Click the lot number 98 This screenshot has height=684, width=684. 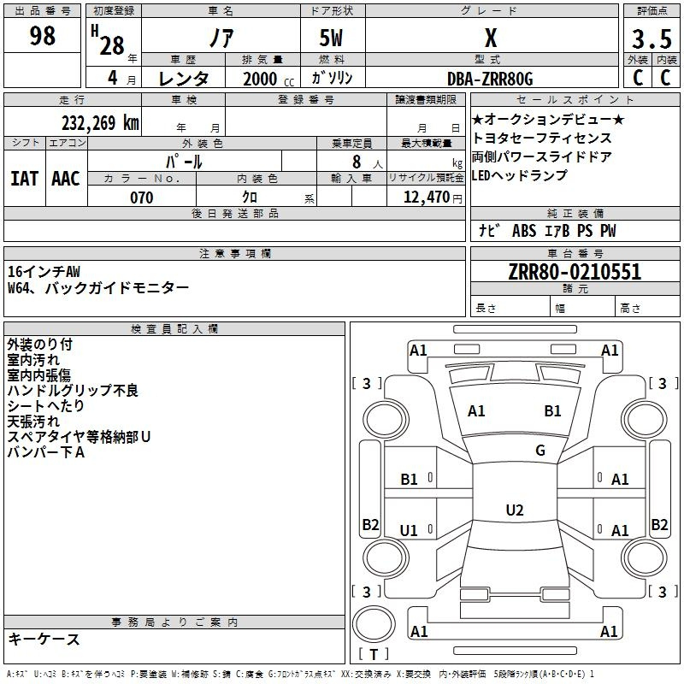pos(42,36)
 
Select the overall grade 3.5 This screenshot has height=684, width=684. pos(652,38)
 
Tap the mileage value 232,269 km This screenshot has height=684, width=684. pos(100,122)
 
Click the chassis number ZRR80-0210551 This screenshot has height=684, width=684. pos(575,271)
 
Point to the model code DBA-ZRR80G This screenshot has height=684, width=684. pos(490,79)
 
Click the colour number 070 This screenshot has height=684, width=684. pos(142,198)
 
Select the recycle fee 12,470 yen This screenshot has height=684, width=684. pos(433,198)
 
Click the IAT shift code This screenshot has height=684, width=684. pos(24,179)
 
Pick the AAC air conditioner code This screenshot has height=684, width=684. pos(66,179)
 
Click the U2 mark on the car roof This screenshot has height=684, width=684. pos(515,510)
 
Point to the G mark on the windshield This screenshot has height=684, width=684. pos(540,451)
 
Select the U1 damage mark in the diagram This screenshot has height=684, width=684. pos(409,530)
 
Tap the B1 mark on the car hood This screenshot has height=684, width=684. pos(552,411)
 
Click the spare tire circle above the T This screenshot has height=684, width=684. pos(374,624)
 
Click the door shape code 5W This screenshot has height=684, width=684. pos(331,38)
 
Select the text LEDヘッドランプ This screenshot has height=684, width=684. pos(519,175)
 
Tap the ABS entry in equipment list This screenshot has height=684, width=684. pos(524,231)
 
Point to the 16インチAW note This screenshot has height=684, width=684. pos(44,271)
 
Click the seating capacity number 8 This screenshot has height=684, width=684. pos(357,162)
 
